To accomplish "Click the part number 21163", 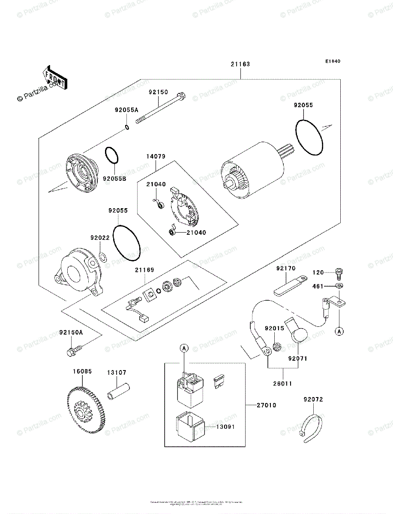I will pyautogui.click(x=240, y=64).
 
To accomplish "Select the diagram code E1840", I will pyautogui.click(x=332, y=61).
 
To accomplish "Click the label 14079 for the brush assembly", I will pyautogui.click(x=155, y=156).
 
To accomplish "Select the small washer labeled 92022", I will pyautogui.click(x=103, y=257).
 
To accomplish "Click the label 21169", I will pyautogui.click(x=144, y=270).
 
